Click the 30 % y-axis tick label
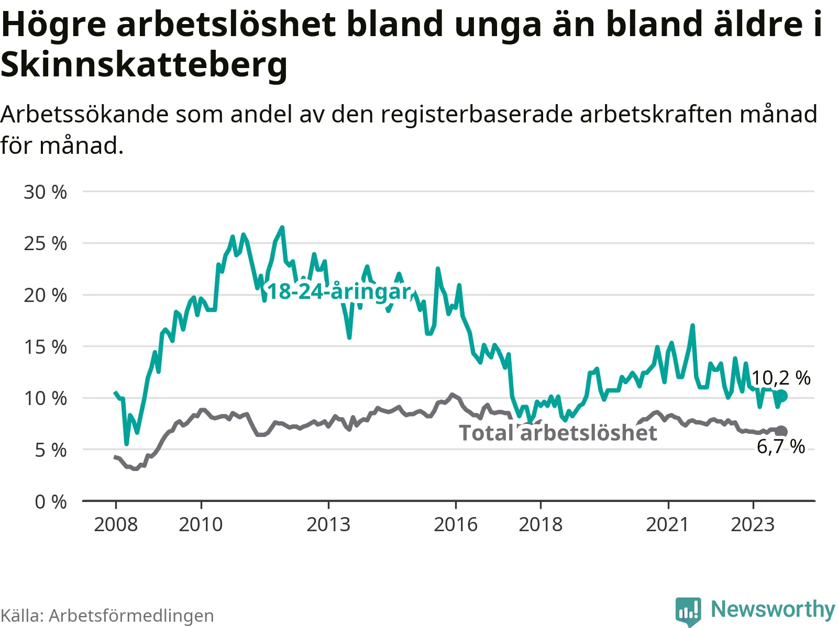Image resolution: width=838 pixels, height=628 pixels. point(46,192)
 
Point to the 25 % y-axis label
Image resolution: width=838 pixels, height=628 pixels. point(46,244)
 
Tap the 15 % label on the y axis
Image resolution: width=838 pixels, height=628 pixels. point(46,347)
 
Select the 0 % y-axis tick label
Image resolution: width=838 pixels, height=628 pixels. point(51,502)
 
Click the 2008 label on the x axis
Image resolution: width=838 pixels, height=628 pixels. point(116,525)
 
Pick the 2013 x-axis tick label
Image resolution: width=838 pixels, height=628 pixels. point(328,525)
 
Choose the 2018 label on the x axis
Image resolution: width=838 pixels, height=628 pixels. point(541,525)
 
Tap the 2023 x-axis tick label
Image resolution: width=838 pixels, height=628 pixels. point(753,525)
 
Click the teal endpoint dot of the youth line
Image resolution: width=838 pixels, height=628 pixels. point(781,396)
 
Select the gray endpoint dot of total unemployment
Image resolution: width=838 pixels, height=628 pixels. point(781,431)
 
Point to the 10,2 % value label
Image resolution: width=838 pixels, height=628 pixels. point(781,378)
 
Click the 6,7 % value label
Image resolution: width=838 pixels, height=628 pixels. point(781,447)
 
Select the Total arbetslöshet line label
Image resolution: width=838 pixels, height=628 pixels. point(558,433)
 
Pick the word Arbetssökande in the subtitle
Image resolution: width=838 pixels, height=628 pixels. point(84,114)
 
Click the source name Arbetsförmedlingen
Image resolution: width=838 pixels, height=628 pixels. point(131,616)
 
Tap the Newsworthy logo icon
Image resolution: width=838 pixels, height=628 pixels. point(688,611)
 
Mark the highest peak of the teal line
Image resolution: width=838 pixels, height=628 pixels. point(282,228)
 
